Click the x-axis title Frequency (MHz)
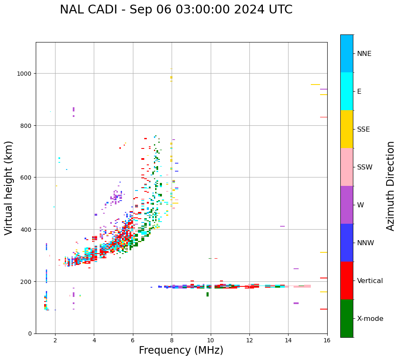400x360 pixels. pyautogui.click(x=181, y=350)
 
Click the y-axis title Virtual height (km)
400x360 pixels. pyautogui.click(x=9, y=188)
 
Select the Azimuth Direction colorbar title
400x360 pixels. pyautogui.click(x=391, y=186)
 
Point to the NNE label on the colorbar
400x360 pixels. pyautogui.click(x=364, y=54)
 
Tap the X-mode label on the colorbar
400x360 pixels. pyautogui.click(x=370, y=319)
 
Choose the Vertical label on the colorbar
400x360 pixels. pyautogui.click(x=370, y=281)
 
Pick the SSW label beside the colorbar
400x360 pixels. pyautogui.click(x=365, y=167)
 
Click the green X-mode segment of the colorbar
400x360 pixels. pyautogui.click(x=347, y=318)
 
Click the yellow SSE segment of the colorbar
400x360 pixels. pyautogui.click(x=347, y=129)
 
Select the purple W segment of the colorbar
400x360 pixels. pyautogui.click(x=347, y=205)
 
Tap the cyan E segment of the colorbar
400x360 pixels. pyautogui.click(x=347, y=91)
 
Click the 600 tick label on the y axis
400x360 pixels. pyautogui.click(x=26, y=177)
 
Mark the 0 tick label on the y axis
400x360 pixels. pyautogui.click(x=30, y=334)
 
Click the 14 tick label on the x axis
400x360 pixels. pyautogui.click(x=288, y=341)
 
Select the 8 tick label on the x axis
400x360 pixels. pyautogui.click(x=172, y=341)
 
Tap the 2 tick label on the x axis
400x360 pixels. pyautogui.click(x=55, y=341)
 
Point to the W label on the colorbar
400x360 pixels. pyautogui.click(x=360, y=205)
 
